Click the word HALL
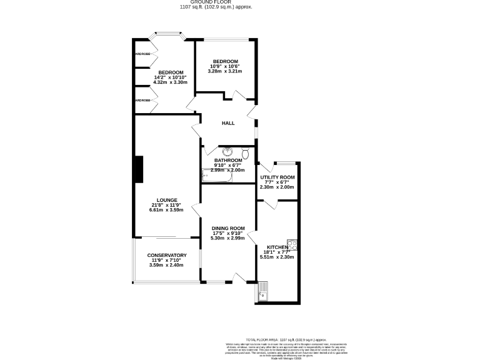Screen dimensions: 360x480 (228, 123)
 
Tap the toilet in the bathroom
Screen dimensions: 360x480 (246, 152)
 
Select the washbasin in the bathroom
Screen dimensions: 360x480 (227, 151)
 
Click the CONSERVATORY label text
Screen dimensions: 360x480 (167, 256)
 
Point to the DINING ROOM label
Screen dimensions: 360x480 (227, 229)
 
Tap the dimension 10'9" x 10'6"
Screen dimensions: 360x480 (225, 66)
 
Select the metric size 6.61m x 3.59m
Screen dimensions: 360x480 (167, 210)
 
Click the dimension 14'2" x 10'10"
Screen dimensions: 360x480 (170, 77)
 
